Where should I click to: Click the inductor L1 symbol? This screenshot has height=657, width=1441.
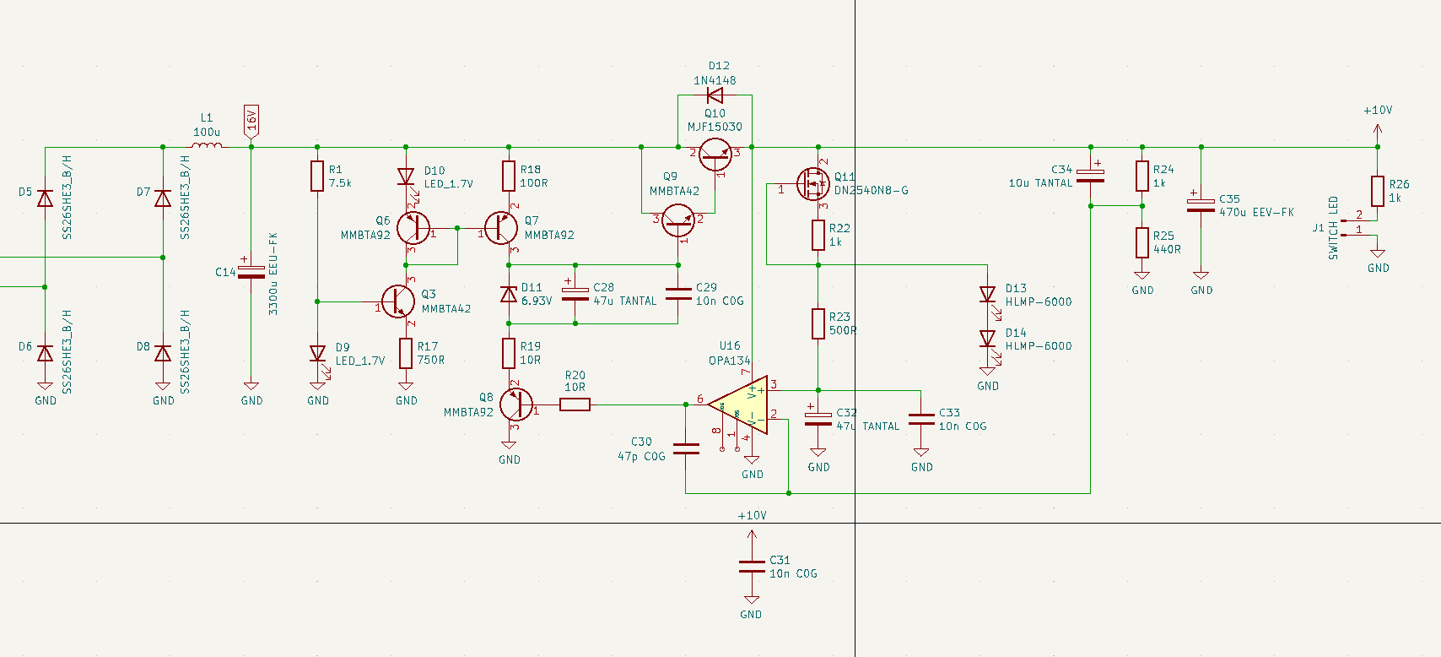207,145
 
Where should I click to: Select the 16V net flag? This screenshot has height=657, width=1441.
251,122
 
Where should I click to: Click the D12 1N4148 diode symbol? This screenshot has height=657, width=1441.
715,95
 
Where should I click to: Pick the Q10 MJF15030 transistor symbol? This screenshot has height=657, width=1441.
715,154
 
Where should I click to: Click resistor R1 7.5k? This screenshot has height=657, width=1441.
317,176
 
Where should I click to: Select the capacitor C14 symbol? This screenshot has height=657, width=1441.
251,272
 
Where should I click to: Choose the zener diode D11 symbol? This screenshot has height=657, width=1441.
509,294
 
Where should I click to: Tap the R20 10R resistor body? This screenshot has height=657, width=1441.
575,405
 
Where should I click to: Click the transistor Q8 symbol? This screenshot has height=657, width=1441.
515,405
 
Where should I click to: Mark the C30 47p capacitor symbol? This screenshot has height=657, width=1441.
686,449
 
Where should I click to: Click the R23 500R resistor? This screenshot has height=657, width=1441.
818,323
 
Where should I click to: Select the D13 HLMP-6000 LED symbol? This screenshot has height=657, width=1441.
987,295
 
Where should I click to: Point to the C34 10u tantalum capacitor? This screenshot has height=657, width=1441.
1090,176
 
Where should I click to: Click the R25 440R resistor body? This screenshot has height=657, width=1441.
1141,242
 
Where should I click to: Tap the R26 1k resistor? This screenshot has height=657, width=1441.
1377,191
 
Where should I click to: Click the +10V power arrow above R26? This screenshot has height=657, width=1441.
1377,129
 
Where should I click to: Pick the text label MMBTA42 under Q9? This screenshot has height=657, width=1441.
674,191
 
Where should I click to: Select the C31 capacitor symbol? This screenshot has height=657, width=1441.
751,567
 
